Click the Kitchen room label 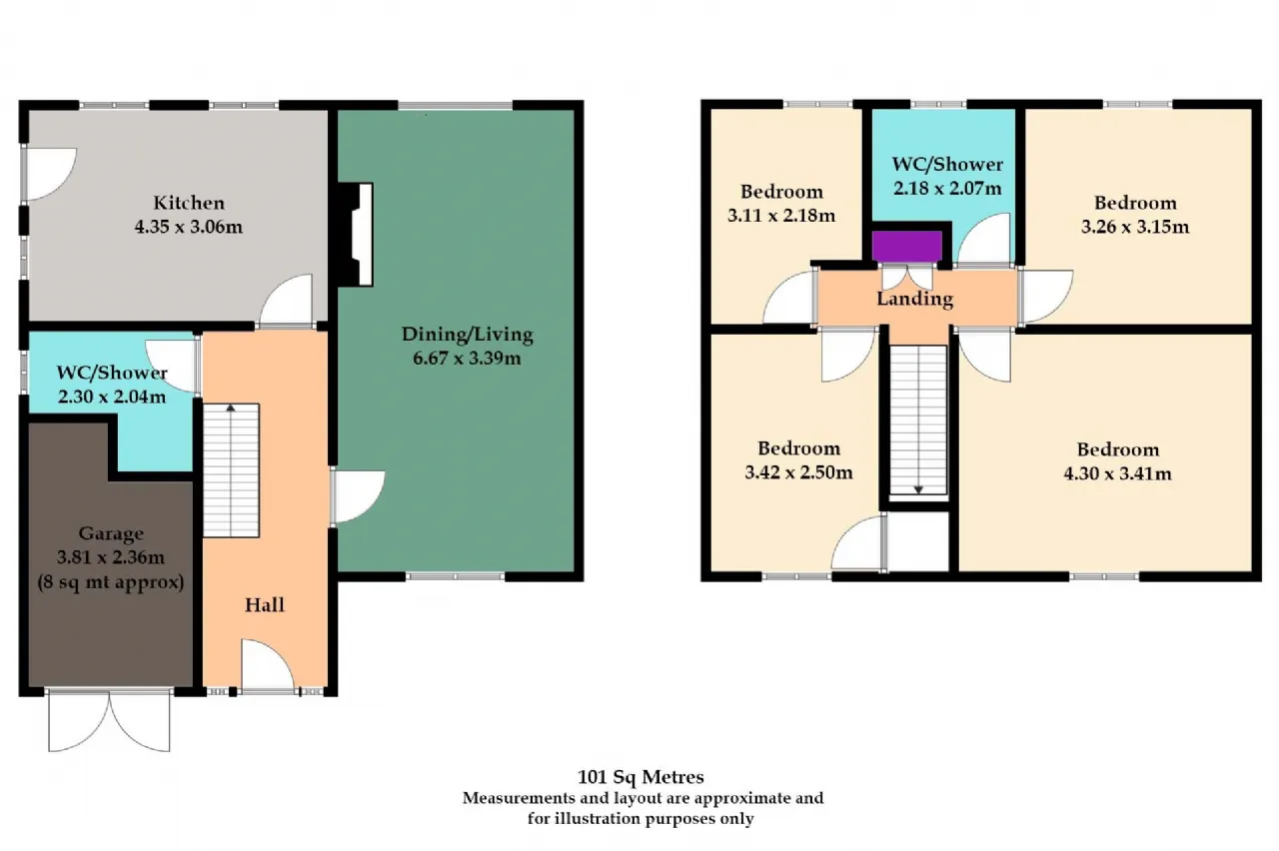189,203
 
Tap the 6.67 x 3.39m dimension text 467,359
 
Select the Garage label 111,533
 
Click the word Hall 265,605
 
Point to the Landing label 914,299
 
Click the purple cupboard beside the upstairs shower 907,246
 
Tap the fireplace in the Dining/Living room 355,234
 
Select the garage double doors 109,720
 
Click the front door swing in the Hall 267,666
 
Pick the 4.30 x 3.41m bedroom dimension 1117,473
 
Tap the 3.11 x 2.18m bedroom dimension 781,216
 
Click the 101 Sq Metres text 640,777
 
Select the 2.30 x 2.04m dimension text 112,397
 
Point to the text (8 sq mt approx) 111,582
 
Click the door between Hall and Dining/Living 358,496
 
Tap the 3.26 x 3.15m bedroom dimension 1134,227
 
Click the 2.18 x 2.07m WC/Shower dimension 947,189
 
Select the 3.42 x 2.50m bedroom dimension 798,472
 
